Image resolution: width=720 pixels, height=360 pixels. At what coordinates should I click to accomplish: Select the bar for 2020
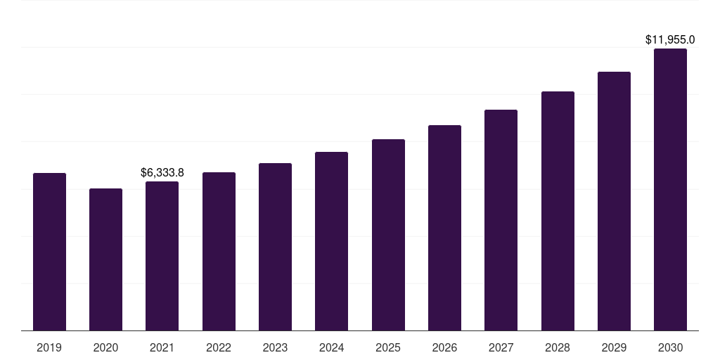(x=105, y=259)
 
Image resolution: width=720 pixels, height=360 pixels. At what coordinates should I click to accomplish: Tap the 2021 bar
(x=162, y=256)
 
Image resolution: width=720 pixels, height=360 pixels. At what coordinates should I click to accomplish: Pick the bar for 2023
(x=275, y=247)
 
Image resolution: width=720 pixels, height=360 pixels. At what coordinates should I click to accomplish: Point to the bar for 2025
(x=388, y=235)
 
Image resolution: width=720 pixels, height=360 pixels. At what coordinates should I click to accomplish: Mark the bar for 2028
(x=558, y=211)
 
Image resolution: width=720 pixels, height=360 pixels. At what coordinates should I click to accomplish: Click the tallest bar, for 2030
(x=670, y=190)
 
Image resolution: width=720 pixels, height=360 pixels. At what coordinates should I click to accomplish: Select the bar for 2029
(x=614, y=201)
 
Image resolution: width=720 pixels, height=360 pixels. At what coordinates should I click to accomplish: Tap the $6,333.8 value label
(x=162, y=172)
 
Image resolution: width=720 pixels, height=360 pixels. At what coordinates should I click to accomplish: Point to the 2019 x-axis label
(x=49, y=347)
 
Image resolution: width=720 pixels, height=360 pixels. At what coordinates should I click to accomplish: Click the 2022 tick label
(x=219, y=347)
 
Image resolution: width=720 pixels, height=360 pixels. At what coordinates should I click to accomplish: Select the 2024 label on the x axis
(x=331, y=347)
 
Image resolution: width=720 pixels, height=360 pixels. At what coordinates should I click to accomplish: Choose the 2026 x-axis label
(x=444, y=347)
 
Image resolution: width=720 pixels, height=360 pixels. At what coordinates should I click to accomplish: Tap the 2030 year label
(x=670, y=347)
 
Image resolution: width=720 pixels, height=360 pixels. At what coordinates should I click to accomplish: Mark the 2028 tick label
(x=558, y=347)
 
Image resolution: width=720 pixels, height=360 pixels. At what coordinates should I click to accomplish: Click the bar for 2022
(x=219, y=251)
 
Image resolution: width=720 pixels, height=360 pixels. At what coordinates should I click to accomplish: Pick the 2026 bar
(x=444, y=228)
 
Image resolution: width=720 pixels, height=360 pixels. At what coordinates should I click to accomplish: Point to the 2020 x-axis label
(x=105, y=347)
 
